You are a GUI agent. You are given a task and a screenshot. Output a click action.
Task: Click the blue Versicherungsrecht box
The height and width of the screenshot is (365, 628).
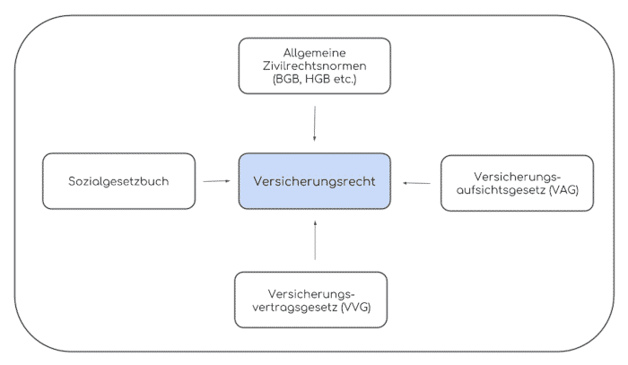click(x=314, y=181)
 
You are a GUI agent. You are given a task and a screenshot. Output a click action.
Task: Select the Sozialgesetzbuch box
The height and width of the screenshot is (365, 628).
click(x=119, y=181)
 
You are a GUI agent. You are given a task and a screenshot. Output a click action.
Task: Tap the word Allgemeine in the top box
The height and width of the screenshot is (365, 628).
click(x=314, y=53)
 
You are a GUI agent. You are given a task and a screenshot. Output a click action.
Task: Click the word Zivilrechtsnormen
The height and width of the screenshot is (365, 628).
click(x=314, y=65)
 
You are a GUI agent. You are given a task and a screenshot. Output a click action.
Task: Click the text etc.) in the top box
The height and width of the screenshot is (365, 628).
click(x=345, y=79)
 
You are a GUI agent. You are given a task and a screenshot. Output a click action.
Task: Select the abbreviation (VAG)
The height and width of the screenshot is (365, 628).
click(x=564, y=190)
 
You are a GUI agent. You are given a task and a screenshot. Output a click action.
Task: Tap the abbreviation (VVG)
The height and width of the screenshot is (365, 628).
click(x=356, y=308)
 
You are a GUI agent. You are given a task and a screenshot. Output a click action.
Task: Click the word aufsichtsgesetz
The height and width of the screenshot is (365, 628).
click(x=501, y=190)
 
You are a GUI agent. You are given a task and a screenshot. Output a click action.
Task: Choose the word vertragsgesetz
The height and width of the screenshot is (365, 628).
click(x=295, y=308)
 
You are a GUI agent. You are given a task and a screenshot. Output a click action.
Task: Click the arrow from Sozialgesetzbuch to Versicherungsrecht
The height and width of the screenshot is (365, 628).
click(x=217, y=181)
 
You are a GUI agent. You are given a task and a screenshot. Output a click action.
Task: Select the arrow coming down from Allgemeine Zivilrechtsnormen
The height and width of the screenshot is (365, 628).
click(x=314, y=124)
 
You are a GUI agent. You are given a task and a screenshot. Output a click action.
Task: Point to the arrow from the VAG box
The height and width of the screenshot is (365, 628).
click(x=416, y=183)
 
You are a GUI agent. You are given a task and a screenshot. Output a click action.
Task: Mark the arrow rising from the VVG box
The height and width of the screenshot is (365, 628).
click(x=315, y=240)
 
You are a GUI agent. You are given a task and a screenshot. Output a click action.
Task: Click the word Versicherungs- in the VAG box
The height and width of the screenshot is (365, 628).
click(x=517, y=177)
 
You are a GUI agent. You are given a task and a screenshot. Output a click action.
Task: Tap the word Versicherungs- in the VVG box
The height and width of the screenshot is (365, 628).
click(x=311, y=294)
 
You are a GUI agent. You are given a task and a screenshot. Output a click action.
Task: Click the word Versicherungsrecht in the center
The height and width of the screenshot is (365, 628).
click(x=314, y=181)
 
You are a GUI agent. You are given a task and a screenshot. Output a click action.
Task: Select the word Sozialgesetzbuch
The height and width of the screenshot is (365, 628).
click(x=118, y=181)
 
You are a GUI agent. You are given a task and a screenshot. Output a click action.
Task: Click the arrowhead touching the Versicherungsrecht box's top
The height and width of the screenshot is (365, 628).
click(x=314, y=139)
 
